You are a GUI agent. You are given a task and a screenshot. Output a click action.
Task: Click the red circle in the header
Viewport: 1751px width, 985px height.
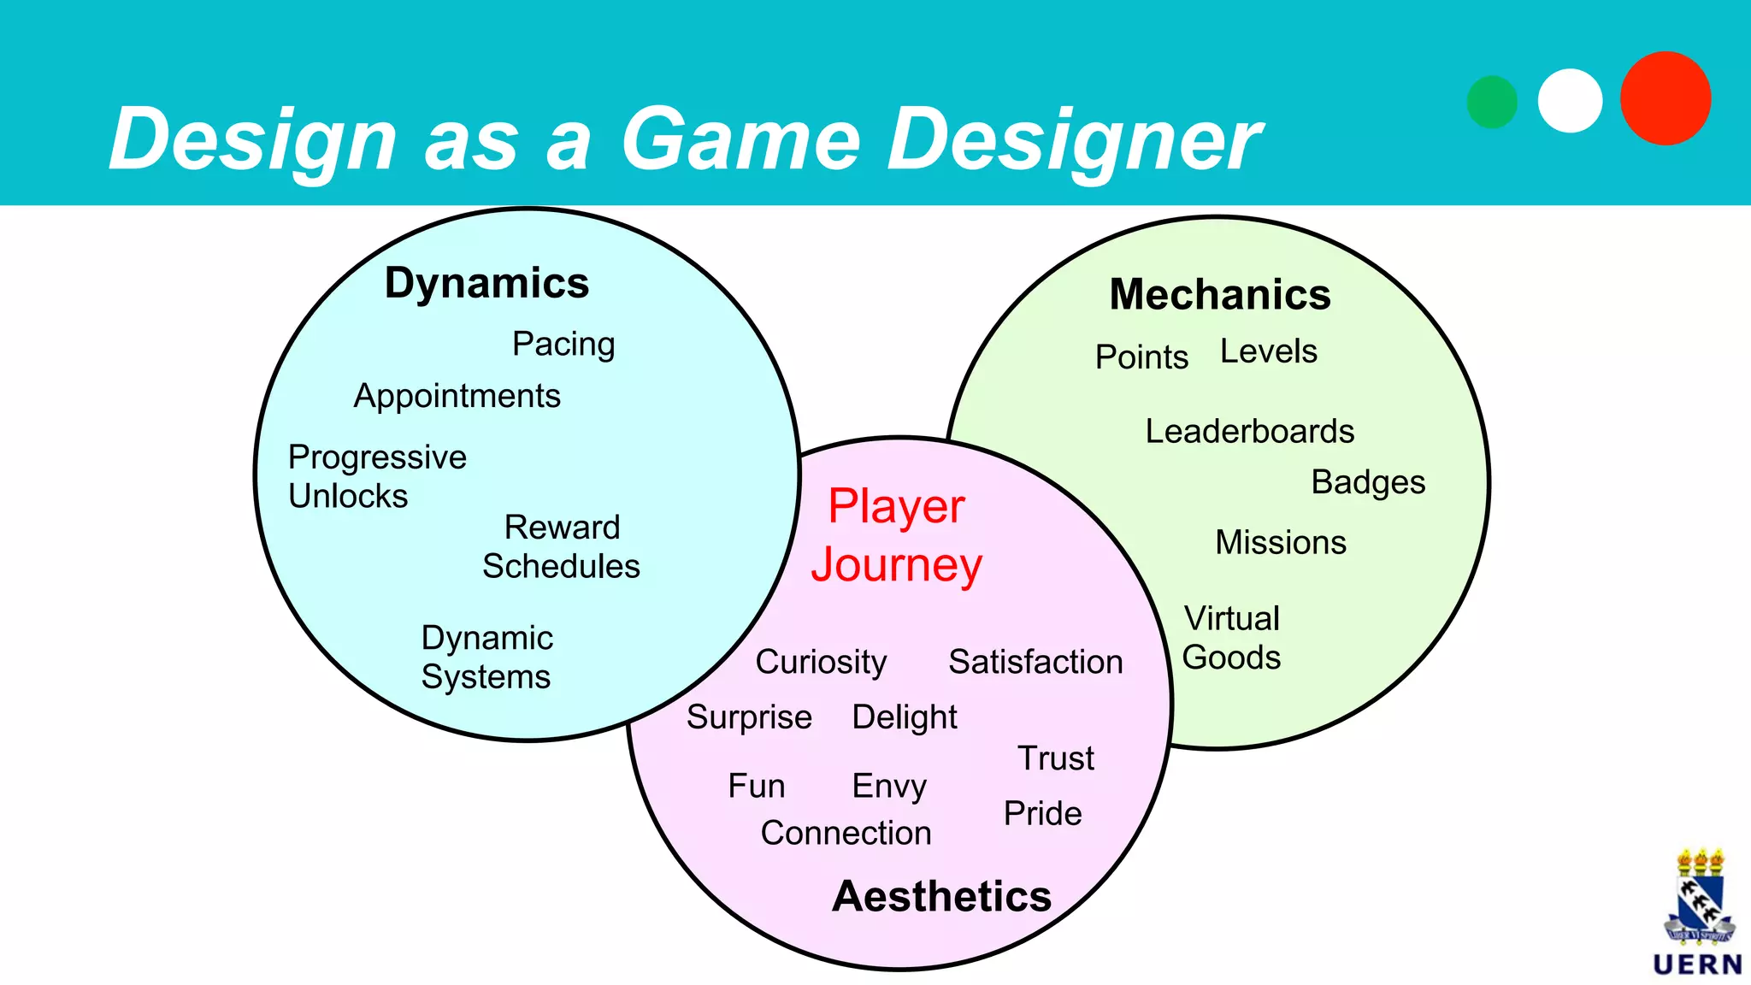coord(1665,98)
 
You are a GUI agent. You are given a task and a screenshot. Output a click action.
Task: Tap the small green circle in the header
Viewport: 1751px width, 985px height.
coord(1492,102)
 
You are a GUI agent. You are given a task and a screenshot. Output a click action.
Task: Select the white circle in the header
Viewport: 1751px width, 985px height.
coord(1570,100)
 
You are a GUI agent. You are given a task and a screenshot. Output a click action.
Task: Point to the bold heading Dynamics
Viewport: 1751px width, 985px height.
coord(486,283)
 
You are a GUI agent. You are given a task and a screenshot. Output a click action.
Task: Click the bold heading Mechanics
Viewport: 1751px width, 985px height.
coord(1220,295)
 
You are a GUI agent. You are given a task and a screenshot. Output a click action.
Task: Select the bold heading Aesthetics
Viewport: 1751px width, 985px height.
coord(941,896)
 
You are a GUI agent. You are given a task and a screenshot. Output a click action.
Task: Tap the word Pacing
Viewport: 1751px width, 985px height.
coord(563,345)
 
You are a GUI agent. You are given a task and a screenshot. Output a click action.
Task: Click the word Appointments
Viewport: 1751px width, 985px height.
coord(457,397)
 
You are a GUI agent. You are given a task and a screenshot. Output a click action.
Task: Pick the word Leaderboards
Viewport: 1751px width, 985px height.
coord(1249,432)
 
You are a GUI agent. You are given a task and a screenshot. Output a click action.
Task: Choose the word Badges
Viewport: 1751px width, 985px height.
coord(1368,483)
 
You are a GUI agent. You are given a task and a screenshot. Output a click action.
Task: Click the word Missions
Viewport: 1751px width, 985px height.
coord(1281,543)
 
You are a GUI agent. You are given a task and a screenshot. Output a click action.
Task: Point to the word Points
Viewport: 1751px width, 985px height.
coord(1141,357)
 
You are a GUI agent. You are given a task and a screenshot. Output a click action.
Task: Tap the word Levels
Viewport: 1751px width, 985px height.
coord(1268,351)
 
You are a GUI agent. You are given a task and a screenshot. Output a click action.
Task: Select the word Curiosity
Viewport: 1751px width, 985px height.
coord(821,663)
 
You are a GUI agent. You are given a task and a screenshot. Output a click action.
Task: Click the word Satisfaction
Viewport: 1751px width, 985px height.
coord(1035,663)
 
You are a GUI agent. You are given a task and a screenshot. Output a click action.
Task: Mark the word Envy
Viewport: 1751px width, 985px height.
coord(889,787)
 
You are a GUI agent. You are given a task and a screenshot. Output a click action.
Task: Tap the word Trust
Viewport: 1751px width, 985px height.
coord(1056,758)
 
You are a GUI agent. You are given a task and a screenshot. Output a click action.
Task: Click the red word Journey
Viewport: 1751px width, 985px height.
coord(897,566)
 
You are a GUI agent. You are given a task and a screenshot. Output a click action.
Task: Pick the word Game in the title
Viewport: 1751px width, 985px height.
coord(740,139)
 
